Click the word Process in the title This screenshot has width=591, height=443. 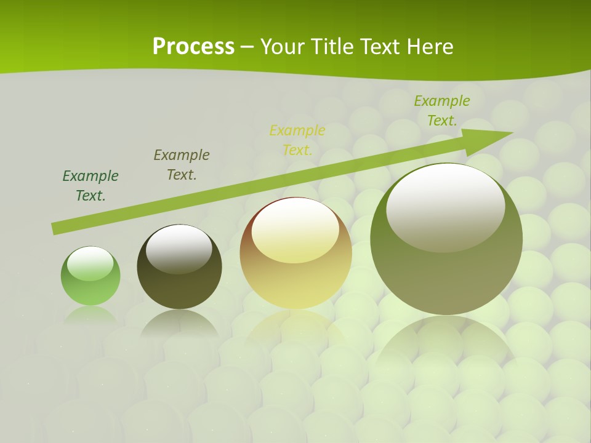(x=193, y=47)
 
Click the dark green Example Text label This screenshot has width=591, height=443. (x=90, y=185)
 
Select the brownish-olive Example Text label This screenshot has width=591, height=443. (x=182, y=164)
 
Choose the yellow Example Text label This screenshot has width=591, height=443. (x=297, y=140)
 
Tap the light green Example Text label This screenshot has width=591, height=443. (x=441, y=110)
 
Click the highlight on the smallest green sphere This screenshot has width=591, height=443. (x=90, y=263)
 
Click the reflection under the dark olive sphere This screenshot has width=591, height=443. (x=179, y=323)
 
